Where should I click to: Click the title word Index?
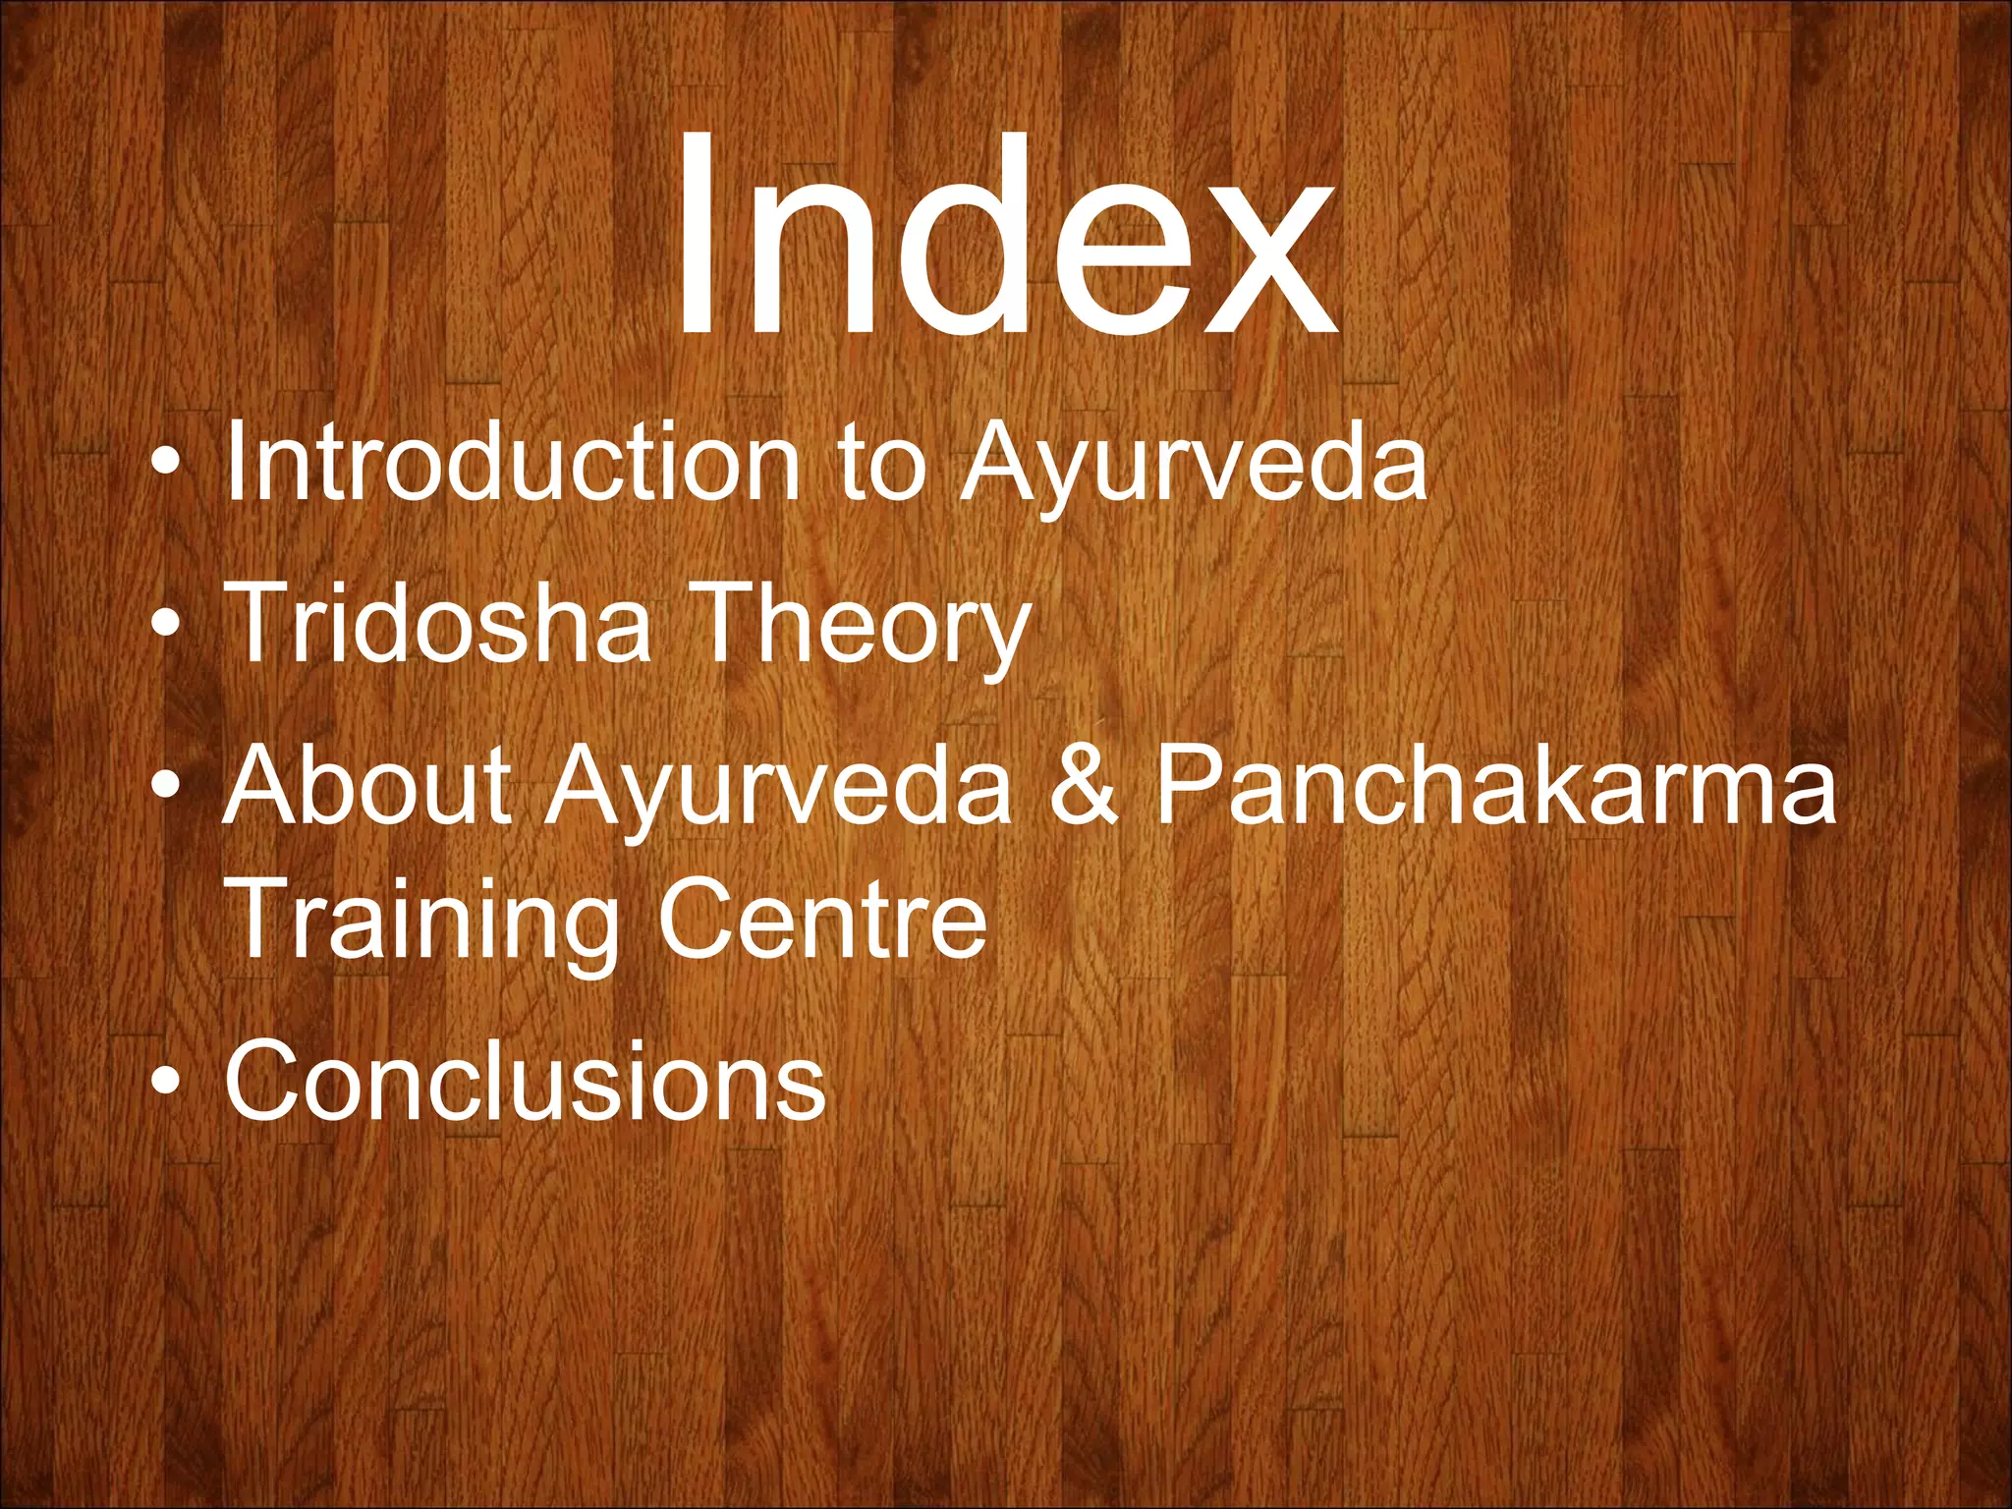click(x=1004, y=236)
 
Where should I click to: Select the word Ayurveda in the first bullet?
click(x=1193, y=462)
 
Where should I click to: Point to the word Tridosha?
click(x=438, y=623)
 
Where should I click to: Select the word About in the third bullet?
click(x=368, y=786)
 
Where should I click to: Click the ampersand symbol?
click(x=1083, y=786)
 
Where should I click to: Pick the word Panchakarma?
click(x=1493, y=786)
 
